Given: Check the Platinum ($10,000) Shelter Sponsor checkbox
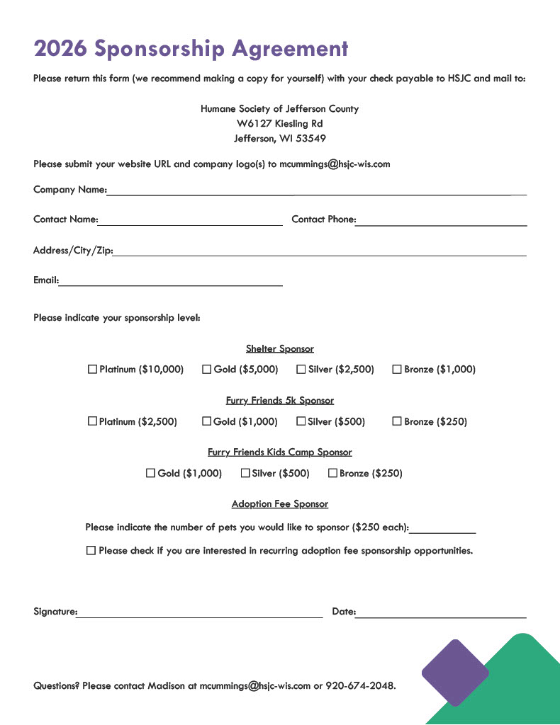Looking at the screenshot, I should [92, 369].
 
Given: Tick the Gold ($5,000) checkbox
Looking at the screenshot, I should [207, 369].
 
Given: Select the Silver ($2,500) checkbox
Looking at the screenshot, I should [301, 369].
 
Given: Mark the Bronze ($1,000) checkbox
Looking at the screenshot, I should [397, 369].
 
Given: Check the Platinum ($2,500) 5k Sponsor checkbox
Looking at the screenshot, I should [92, 421].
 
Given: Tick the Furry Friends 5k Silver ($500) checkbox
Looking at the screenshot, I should [301, 421].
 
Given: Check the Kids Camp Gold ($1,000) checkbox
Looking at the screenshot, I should [150, 473].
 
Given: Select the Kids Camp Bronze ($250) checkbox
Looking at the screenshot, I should [332, 473].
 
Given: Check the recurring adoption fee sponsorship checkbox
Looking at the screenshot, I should [91, 550].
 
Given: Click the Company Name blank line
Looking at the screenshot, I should [315, 191].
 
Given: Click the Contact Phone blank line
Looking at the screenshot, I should [441, 222].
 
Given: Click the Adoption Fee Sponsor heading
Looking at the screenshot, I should [280, 504].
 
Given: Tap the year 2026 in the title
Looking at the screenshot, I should [60, 48].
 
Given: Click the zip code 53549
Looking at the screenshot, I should [311, 138].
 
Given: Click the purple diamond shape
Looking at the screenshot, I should [455, 673].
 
